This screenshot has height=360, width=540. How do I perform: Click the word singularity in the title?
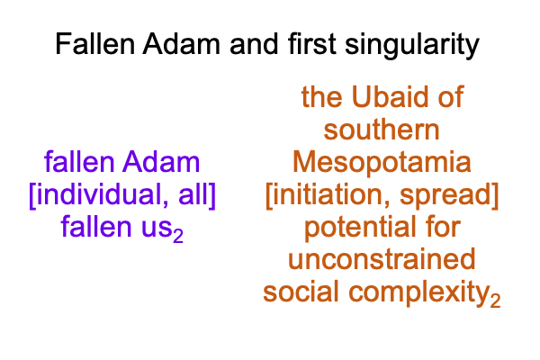pyautogui.click(x=412, y=45)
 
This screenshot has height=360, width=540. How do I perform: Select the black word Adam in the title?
pyautogui.click(x=182, y=44)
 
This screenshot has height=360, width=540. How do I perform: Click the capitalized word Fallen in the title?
pyautogui.click(x=95, y=44)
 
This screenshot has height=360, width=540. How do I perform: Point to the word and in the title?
pyautogui.click(x=254, y=44)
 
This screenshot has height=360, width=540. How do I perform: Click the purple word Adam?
pyautogui.click(x=161, y=162)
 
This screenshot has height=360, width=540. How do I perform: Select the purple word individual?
pyautogui.click(x=102, y=195)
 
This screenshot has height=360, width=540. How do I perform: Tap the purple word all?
pyautogui.click(x=193, y=195)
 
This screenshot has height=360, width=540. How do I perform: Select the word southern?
pyautogui.click(x=382, y=130)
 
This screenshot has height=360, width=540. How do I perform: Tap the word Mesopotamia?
pyautogui.click(x=382, y=163)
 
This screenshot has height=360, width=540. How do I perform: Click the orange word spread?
pyautogui.click(x=445, y=195)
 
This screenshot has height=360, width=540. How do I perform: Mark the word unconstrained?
pyautogui.click(x=382, y=260)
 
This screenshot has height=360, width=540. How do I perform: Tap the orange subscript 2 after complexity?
pyautogui.click(x=496, y=301)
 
